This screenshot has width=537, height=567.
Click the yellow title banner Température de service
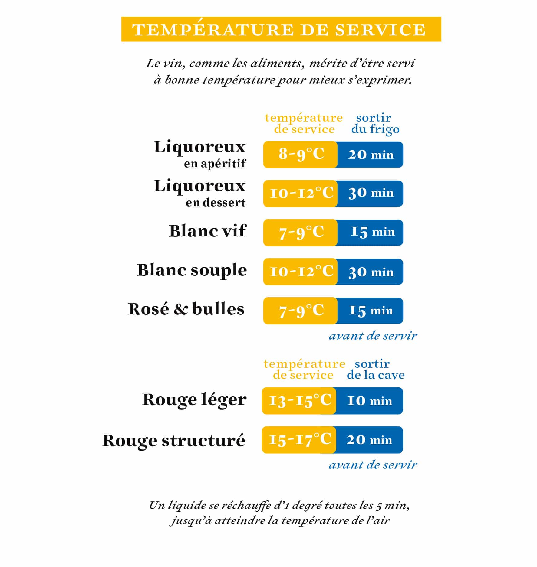pos(281,29)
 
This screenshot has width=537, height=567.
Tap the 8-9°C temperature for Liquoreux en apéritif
pos(301,154)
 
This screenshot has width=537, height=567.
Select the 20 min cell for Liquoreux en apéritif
pos(371,155)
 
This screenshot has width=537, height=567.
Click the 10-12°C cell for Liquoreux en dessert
pos(301,194)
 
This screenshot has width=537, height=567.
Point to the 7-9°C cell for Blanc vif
pos(301,232)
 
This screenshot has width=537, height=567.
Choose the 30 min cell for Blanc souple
pos(371,272)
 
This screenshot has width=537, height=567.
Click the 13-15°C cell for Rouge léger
pos(299,401)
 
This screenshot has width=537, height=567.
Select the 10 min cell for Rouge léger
pos(369,401)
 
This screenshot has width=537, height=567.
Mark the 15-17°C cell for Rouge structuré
pos(299,440)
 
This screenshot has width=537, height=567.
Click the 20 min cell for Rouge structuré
pos(369,440)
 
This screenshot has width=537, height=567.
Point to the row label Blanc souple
pos(192,270)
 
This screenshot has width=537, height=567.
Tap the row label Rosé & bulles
pos(186,309)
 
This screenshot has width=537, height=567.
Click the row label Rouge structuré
pos(173,440)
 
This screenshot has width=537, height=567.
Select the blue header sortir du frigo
pos(375,123)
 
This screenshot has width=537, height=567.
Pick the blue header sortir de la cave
pos(375,369)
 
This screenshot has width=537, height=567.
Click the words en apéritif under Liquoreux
pos(215,164)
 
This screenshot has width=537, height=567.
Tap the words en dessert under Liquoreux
pos(215,203)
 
